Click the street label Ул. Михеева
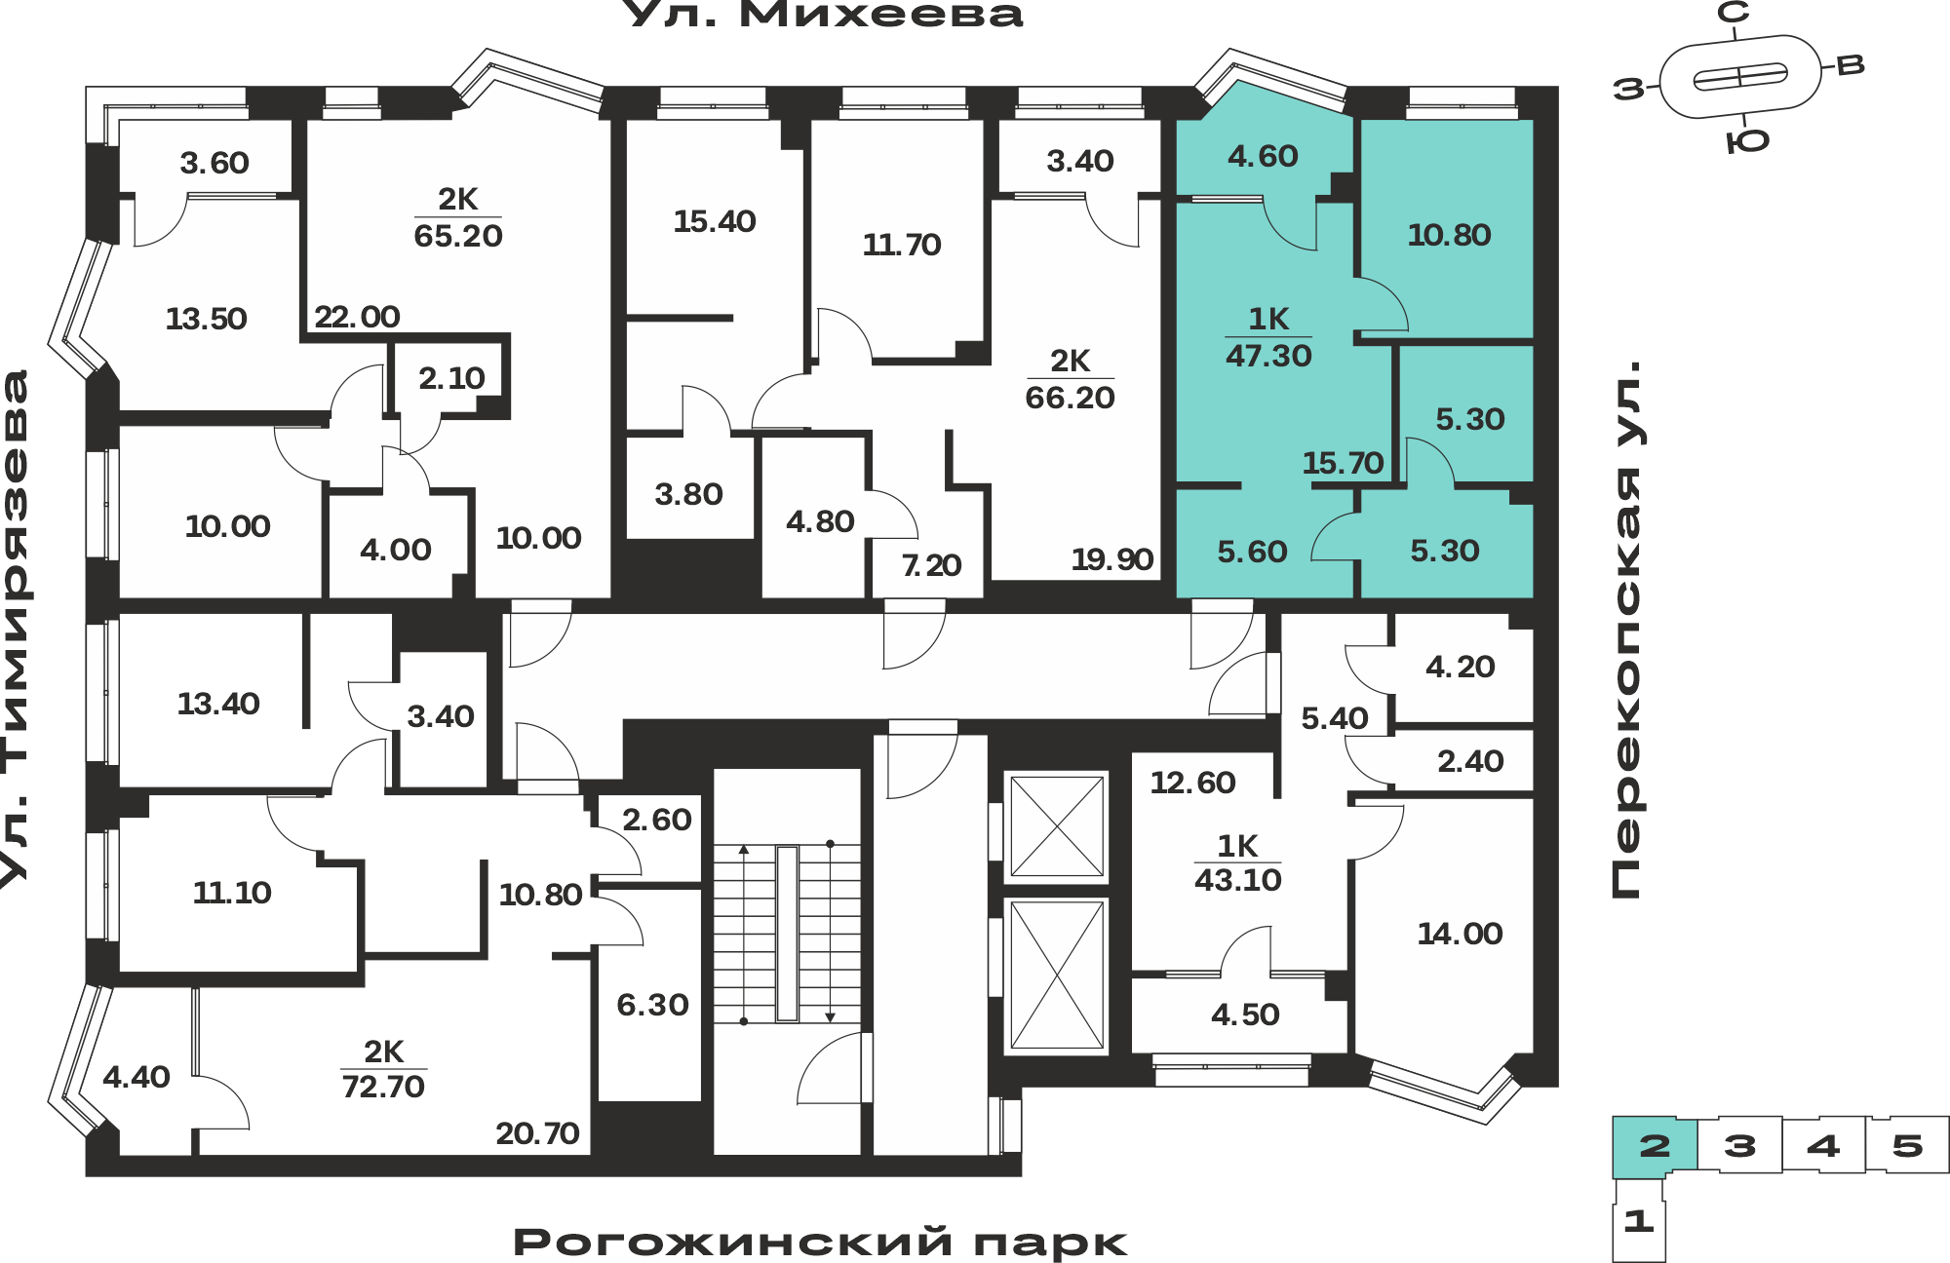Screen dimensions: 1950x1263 pos(822,14)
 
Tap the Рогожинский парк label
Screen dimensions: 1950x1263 pos(820,1243)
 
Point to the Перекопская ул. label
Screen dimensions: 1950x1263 pos(1626,630)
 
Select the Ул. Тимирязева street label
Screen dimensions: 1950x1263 pos(16,629)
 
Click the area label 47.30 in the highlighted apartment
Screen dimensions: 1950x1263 pos(1268,356)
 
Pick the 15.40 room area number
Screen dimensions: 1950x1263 pos(715,221)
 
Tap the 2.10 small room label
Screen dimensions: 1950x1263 pos(451,378)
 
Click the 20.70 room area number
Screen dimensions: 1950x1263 pos(537,1133)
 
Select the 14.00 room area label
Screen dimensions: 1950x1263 pos(1460,934)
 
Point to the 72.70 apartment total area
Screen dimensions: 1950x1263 pos(383,1086)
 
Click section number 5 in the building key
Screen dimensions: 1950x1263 pos(1907,1145)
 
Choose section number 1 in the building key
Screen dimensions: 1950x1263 pos(1638,1221)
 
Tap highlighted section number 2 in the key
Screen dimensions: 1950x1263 pos(1655,1145)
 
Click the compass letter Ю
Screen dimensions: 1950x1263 pos(1747,142)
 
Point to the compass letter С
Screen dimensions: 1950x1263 pos(1733,13)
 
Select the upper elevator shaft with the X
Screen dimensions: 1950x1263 pos(1056,826)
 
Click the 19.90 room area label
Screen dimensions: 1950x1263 pos(1111,559)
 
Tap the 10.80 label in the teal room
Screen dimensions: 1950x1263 pos(1449,235)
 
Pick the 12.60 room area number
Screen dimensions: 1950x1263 pos(1192,783)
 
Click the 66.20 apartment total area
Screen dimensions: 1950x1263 pos(1070,398)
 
